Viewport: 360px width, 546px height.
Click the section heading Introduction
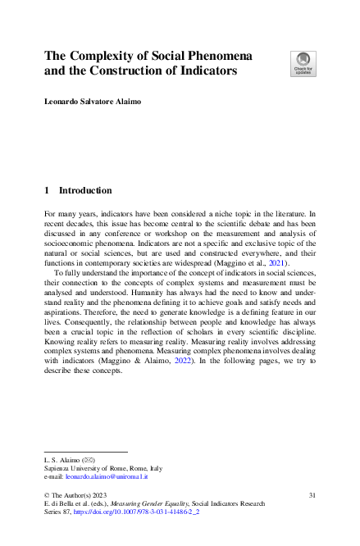[x=85, y=190]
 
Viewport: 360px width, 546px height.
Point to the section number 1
[x=47, y=190]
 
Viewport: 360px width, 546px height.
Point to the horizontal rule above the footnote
[x=85, y=451]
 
